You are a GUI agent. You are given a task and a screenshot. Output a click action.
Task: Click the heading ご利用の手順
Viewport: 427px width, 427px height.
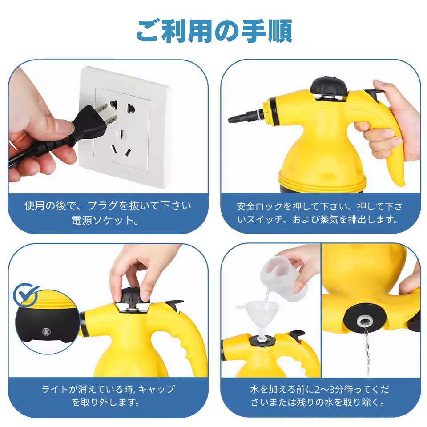213,31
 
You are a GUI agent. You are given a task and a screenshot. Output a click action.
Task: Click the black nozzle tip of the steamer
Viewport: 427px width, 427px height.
234,119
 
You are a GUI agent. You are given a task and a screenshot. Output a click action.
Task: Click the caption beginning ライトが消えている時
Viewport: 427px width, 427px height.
108,396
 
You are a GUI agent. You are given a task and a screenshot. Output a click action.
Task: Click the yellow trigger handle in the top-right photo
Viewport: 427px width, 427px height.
394,151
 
